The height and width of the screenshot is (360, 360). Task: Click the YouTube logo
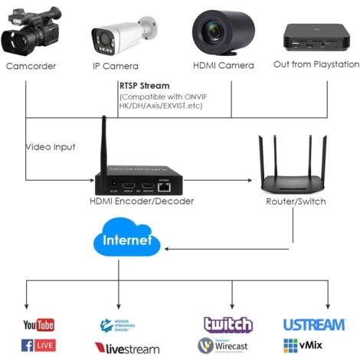(39, 326)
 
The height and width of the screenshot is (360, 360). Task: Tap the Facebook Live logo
(39, 345)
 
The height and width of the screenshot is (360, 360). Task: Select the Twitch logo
(227, 325)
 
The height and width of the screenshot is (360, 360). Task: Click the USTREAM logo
(313, 325)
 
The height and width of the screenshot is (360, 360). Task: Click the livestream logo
(127, 348)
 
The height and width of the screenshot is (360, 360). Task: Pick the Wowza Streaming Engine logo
(122, 326)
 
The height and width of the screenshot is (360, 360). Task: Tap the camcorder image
(32, 31)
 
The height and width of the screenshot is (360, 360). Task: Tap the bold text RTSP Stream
(145, 86)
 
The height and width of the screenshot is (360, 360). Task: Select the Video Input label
(51, 146)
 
